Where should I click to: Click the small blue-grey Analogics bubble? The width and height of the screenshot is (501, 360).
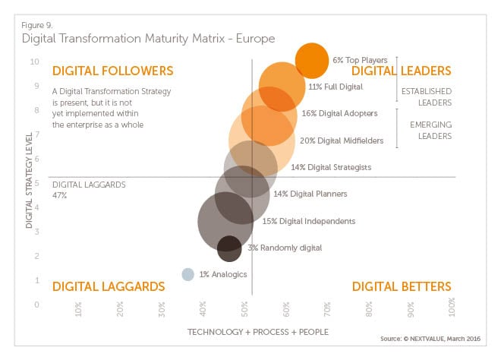click(188, 274)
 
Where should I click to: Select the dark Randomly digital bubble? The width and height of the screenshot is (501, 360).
click(229, 248)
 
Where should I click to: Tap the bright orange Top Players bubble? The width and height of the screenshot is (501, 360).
click(311, 61)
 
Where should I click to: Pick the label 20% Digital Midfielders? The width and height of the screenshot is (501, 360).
click(341, 141)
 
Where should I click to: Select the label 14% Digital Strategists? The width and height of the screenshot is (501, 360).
click(330, 166)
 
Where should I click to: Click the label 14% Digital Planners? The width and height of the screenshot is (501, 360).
click(310, 194)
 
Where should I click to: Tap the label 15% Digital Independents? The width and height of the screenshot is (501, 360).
click(308, 221)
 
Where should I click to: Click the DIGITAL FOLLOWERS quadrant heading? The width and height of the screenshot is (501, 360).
click(112, 71)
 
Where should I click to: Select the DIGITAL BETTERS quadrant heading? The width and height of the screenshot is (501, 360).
click(402, 286)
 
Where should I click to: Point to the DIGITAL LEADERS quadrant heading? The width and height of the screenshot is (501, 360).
click(402, 71)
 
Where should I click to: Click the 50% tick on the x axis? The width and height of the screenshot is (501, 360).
click(246, 311)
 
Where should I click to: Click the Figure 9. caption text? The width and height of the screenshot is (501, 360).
click(39, 24)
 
